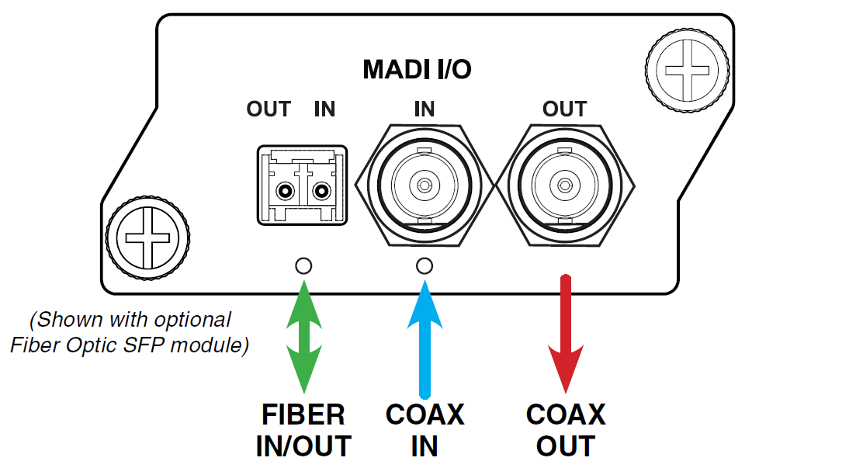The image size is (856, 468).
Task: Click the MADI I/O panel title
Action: pos(417,69)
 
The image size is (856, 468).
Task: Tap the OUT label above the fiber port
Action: pos(269,109)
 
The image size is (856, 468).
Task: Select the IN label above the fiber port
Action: pos(324,109)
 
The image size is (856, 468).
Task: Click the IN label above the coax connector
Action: pos(425,109)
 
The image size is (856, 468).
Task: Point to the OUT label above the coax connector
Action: pos(564,109)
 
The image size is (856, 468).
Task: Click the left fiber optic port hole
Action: pos(285,191)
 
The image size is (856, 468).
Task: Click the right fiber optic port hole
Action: pos(321,191)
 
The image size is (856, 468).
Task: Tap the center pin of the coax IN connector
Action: pos(425,185)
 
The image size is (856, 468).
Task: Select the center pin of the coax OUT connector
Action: pos(564,185)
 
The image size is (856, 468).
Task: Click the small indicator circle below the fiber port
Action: pos(303,266)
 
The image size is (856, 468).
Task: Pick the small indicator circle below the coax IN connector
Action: pos(425,266)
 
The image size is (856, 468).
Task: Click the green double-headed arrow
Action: pos(304,336)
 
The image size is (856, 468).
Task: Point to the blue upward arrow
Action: pos(425,339)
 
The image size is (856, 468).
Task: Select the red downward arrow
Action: pos(566,335)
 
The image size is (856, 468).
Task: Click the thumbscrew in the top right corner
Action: pos(688,71)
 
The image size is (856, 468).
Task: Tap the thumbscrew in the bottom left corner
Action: pos(147,238)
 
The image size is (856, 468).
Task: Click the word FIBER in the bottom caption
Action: pos(303,414)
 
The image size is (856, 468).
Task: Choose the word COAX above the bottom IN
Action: pos(425,414)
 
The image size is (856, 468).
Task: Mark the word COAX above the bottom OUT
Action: pos(566,414)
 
